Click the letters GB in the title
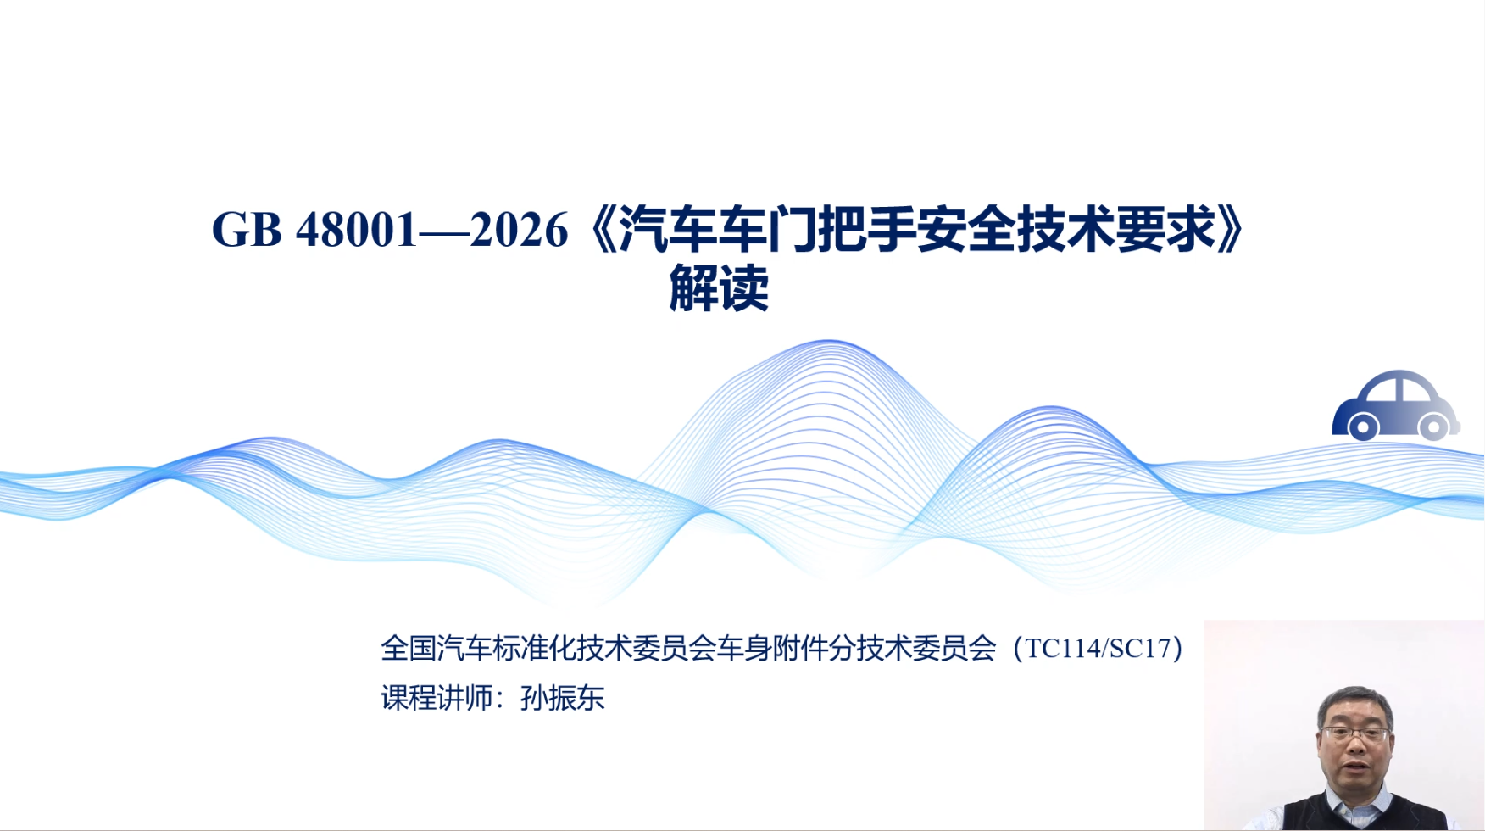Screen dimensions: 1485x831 247,230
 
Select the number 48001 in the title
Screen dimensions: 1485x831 356,230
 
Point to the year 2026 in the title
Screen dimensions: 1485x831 519,230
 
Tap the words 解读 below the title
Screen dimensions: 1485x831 719,288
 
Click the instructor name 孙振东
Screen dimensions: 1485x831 563,698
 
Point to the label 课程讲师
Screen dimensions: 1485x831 437,698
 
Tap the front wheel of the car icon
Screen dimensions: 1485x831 1363,427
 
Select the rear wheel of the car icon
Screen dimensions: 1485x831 1433,427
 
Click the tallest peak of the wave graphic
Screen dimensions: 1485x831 829,341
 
